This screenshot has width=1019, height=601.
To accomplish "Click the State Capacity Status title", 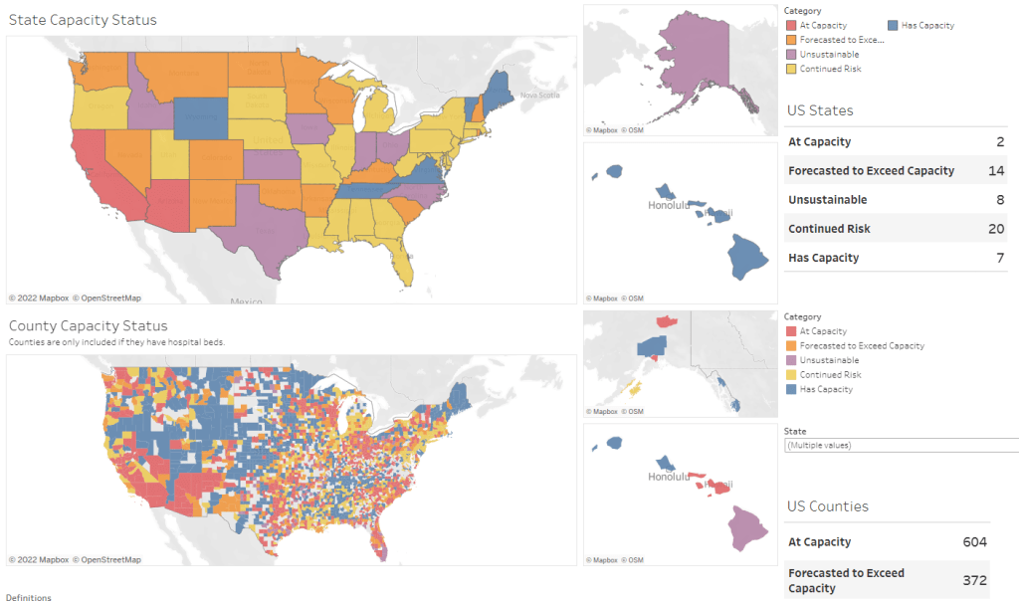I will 83,20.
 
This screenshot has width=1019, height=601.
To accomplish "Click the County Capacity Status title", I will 88,325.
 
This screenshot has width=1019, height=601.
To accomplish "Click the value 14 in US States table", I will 997,170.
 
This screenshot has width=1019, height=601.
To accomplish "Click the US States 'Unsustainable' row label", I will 827,199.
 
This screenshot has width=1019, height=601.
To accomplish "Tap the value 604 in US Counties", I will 974,542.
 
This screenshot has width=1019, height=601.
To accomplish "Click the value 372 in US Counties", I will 974,580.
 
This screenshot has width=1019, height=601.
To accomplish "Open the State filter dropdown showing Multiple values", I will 901,445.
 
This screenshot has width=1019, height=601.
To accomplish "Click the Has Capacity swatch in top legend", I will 893,25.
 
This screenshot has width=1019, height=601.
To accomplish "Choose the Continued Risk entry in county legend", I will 830,375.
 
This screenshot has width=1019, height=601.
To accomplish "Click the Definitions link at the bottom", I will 28,597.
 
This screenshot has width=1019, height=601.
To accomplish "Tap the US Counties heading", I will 827,506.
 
